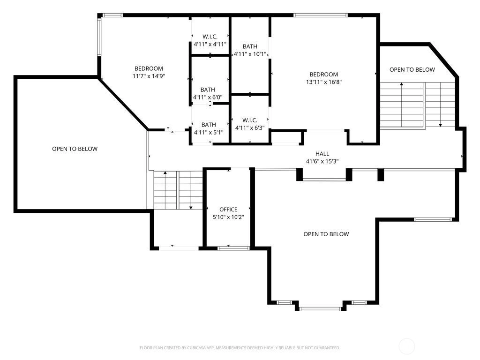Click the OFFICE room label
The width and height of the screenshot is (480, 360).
click(x=228, y=210)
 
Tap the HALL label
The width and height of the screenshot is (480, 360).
click(x=322, y=154)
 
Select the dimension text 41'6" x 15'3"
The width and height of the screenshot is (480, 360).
click(x=322, y=161)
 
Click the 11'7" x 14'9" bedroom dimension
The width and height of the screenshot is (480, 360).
click(x=149, y=76)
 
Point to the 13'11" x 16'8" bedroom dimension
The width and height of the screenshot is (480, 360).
click(x=323, y=82)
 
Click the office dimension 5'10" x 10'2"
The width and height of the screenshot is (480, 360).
click(x=228, y=217)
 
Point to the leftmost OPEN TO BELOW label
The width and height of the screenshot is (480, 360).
click(x=75, y=149)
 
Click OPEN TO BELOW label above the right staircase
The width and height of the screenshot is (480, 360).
click(x=412, y=70)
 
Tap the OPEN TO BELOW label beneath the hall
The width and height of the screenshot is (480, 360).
click(x=326, y=234)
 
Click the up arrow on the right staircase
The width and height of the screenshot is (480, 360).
click(x=401, y=105)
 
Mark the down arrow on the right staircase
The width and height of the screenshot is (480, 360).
click(x=440, y=105)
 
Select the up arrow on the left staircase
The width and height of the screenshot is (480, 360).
click(x=165, y=190)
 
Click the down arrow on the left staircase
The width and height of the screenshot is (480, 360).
click(x=191, y=190)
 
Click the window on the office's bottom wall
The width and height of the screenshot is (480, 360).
click(x=233, y=248)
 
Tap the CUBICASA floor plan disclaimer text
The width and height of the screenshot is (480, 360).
click(x=240, y=348)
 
